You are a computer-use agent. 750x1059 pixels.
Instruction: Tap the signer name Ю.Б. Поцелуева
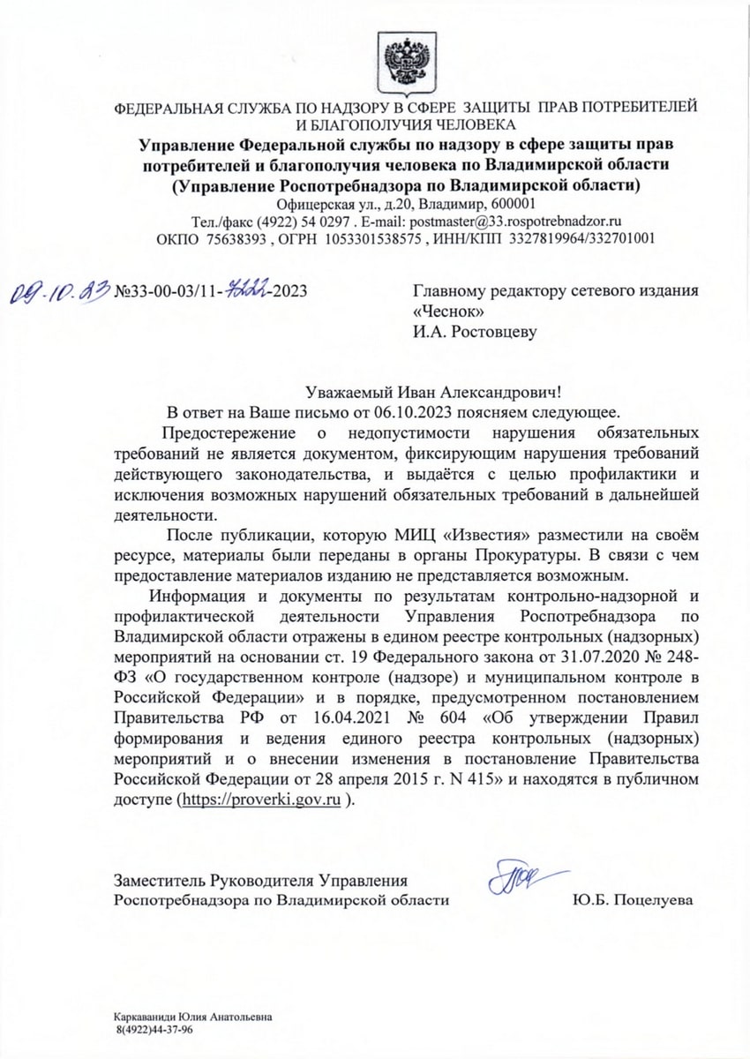coord(633,900)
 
